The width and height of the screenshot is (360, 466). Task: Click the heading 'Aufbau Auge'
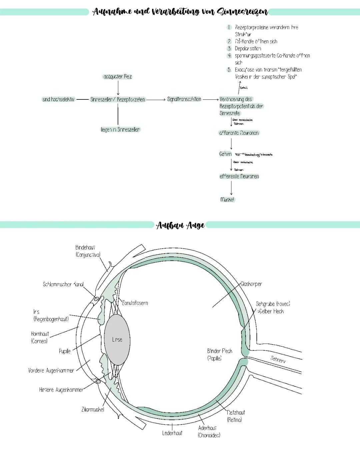point(180,225)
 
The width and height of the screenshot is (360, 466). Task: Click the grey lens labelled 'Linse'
point(117,340)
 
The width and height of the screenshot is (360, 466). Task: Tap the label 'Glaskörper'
point(251,284)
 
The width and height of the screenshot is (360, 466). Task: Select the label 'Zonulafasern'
point(135,303)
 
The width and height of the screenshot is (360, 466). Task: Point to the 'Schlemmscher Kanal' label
point(63,284)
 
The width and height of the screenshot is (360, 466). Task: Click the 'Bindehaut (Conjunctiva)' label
point(88,251)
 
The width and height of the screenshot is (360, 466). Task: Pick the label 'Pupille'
point(65,351)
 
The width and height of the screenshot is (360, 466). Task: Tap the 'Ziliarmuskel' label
point(93,409)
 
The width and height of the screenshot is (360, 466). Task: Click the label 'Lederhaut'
point(172,433)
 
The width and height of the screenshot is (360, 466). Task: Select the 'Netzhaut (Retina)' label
point(236,416)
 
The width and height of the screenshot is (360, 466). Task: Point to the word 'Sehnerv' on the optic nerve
point(278,359)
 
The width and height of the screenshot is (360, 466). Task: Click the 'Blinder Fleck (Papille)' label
point(219,354)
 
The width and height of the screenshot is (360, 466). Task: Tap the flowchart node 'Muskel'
point(227,199)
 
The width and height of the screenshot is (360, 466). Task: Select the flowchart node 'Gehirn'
point(225,154)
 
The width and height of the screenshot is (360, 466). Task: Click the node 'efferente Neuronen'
point(239,176)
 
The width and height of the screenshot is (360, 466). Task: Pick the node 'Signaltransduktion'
point(184,99)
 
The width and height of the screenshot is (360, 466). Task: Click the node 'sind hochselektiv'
point(58,99)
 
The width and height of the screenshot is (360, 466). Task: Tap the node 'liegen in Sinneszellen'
point(120,129)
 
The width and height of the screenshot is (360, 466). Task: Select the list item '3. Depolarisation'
point(248,48)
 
